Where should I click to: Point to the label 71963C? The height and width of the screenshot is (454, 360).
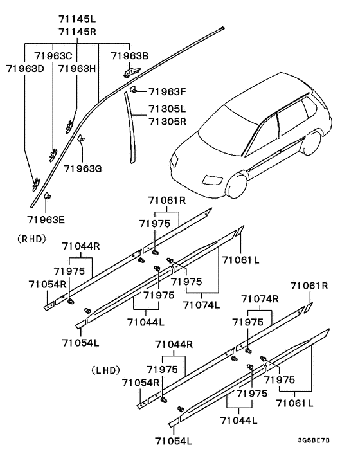point(53,56)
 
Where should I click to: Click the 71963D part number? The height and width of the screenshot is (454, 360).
point(25,68)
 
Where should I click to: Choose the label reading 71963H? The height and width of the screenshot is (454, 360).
point(77,68)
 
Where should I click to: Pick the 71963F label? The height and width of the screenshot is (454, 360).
point(166,91)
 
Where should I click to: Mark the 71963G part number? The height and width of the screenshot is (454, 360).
point(83,168)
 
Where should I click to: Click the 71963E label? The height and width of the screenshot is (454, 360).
point(46,219)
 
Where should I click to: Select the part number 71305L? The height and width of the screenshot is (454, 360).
point(166,109)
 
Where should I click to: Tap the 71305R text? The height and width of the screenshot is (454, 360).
point(166,120)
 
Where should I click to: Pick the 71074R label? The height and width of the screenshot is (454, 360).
point(260,298)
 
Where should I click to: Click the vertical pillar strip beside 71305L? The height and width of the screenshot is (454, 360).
point(132,125)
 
